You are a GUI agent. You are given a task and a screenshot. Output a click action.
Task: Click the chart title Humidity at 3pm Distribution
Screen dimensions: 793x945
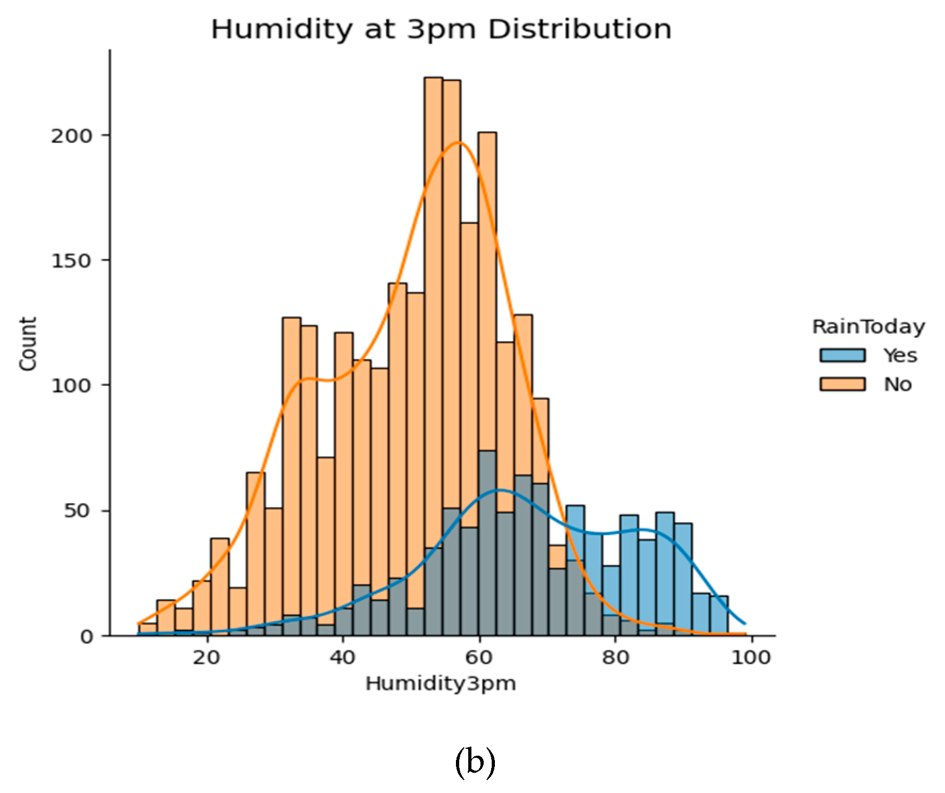[x=441, y=29]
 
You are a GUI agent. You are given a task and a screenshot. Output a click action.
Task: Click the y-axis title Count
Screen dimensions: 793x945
[x=28, y=343]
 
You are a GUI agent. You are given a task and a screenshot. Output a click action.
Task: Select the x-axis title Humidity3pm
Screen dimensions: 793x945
[x=441, y=683]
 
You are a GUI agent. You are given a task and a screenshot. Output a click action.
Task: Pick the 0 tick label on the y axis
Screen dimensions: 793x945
[x=87, y=636]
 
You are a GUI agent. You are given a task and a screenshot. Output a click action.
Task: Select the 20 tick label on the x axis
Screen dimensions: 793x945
[x=206, y=658]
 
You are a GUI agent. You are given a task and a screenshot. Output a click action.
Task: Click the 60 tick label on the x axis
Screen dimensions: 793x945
[x=479, y=658]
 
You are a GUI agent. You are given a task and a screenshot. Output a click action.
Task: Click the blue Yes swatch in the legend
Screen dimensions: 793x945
[x=842, y=355]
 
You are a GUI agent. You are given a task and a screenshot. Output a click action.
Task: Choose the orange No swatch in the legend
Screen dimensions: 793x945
[x=842, y=384]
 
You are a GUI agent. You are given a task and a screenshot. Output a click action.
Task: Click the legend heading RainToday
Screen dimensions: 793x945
[x=868, y=327]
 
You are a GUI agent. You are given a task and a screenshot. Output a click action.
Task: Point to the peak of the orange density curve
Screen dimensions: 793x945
[x=458, y=142]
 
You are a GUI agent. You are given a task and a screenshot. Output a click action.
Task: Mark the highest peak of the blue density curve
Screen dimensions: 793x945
[x=499, y=489]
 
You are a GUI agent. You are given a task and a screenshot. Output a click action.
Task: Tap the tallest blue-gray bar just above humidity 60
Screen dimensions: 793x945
[x=487, y=544]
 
